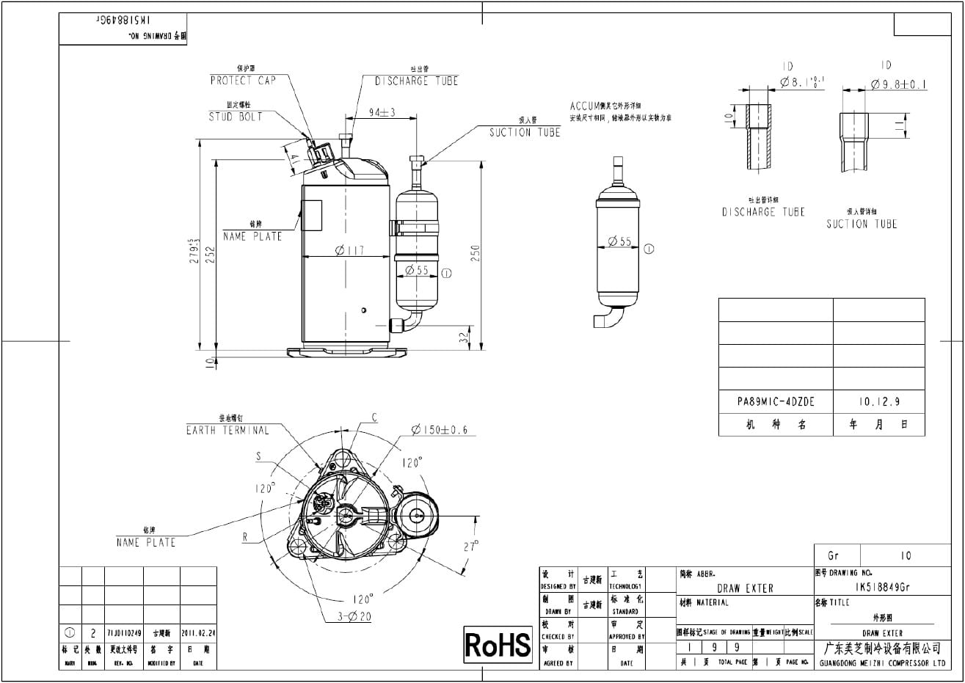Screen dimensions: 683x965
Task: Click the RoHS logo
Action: point(498,645)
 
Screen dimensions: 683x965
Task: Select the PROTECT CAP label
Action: point(243,80)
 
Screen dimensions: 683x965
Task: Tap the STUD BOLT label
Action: point(235,117)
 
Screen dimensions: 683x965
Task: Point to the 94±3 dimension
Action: point(382,112)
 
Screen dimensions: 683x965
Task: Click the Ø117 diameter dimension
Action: point(349,251)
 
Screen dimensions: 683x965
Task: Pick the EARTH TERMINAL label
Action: point(227,431)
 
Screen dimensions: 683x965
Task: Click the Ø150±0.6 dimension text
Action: point(439,430)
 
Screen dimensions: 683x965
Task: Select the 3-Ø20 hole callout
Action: point(354,617)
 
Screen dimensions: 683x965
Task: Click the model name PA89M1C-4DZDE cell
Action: point(776,402)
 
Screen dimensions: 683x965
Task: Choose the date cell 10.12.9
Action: point(878,402)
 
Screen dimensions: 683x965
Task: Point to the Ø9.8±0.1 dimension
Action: point(899,85)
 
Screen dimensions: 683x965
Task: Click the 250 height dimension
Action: point(476,253)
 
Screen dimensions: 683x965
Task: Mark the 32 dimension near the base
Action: point(462,338)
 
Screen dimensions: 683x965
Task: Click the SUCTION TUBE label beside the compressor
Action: point(525,133)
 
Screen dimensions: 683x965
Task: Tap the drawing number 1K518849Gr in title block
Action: point(883,588)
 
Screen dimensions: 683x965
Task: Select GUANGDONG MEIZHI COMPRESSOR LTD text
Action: point(881,663)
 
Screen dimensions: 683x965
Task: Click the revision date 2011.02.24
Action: point(197,632)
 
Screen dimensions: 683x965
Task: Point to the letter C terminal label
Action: point(374,418)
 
